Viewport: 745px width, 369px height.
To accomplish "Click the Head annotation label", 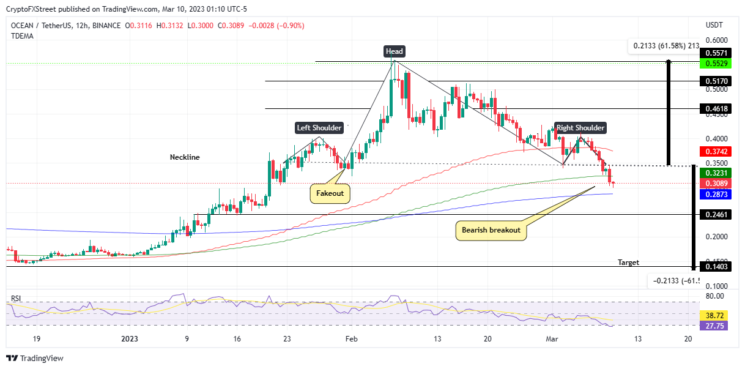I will click(x=394, y=51).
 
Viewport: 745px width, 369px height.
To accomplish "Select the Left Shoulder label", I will click(x=319, y=128).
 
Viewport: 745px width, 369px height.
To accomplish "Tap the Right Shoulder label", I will click(x=580, y=128).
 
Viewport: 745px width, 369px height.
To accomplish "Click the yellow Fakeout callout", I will click(x=330, y=193).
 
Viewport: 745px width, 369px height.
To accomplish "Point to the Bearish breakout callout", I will click(x=491, y=230).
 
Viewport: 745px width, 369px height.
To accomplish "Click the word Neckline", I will click(x=185, y=157).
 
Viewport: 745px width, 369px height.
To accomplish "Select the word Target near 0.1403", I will click(x=628, y=262).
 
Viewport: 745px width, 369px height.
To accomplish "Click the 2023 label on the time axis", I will click(x=130, y=339).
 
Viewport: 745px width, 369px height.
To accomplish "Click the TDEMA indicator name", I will click(x=22, y=36).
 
